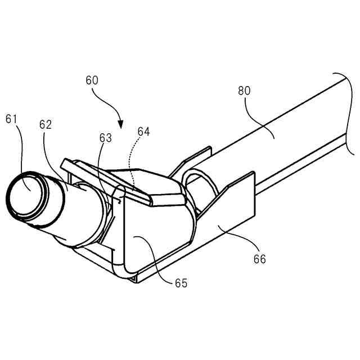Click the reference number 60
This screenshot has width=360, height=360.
92,80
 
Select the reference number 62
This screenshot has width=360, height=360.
46,125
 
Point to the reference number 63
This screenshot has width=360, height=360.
106,137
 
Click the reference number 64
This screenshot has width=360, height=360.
143,132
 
